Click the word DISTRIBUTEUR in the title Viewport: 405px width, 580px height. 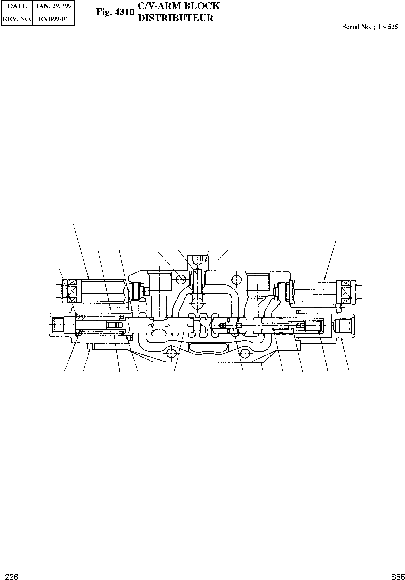176,18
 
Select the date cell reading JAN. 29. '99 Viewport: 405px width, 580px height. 53,6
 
